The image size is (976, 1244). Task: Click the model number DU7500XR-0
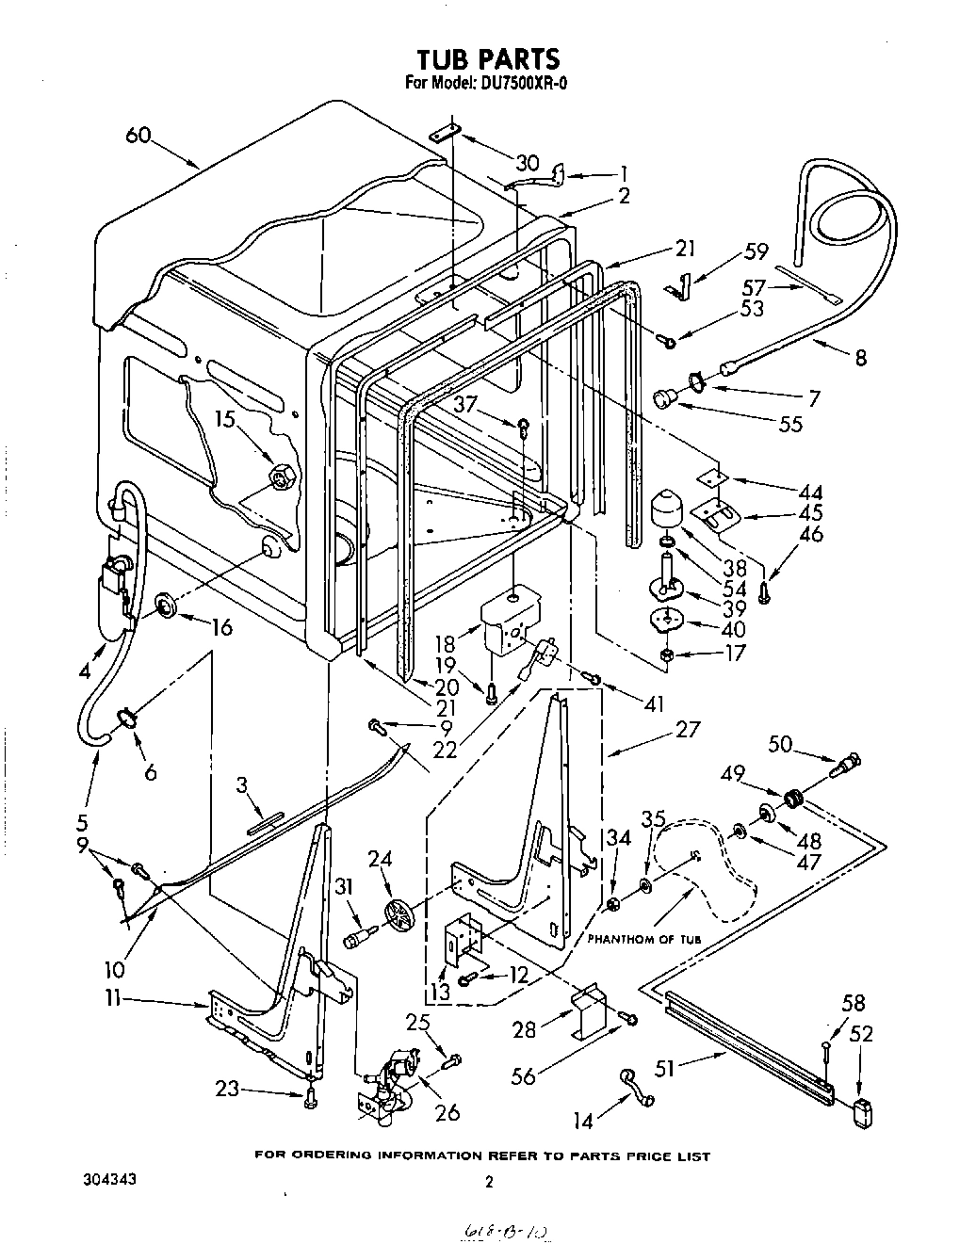[519, 82]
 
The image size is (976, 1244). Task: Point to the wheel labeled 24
[399, 913]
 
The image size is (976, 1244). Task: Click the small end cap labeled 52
[859, 1112]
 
